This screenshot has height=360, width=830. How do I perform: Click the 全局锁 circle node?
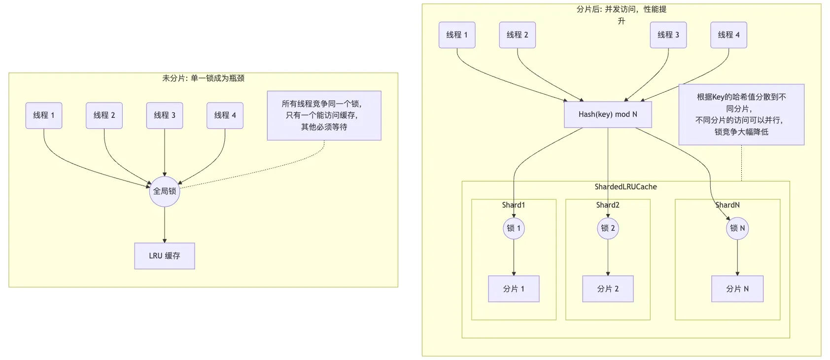(164, 191)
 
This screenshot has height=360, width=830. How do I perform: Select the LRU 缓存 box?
(164, 256)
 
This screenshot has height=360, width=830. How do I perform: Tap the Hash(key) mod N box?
(608, 114)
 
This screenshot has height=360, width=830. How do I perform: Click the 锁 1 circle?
(514, 228)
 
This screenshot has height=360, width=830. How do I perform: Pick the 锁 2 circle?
(608, 228)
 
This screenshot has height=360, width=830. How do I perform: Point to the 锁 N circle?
(737, 228)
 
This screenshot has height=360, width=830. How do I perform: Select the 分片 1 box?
(514, 289)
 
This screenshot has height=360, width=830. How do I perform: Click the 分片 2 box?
(608, 289)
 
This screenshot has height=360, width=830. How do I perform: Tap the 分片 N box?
(737, 289)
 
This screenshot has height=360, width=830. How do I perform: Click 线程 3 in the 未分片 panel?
(165, 115)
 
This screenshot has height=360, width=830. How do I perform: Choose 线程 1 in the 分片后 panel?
(457, 35)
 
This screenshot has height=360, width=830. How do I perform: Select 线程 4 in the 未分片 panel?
(225, 115)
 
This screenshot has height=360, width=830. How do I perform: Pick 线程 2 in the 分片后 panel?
(517, 35)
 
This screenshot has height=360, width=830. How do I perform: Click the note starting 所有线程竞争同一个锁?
(324, 115)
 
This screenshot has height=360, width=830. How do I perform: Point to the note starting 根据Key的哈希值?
(741, 114)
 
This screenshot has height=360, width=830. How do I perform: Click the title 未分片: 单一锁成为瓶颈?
(203, 78)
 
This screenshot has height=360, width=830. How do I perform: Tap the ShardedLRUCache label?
(625, 187)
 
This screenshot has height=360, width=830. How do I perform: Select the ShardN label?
(727, 205)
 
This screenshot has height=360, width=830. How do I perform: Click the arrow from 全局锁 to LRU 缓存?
(165, 225)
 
